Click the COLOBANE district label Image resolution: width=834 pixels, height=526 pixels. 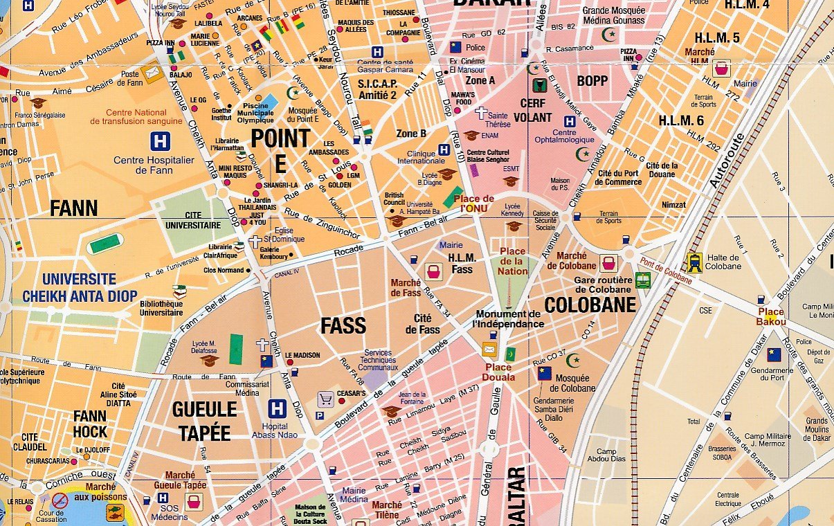click(x=590, y=305)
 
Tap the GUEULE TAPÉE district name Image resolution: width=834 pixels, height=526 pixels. click(x=205, y=421)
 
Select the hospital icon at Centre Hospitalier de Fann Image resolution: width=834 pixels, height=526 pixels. click(x=161, y=141)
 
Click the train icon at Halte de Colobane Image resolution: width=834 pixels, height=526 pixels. click(x=694, y=262)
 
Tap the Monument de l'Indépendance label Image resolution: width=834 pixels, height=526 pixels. click(x=509, y=318)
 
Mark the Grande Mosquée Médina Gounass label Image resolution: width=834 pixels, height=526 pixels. click(x=613, y=16)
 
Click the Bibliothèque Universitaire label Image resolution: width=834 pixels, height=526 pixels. click(x=161, y=308)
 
